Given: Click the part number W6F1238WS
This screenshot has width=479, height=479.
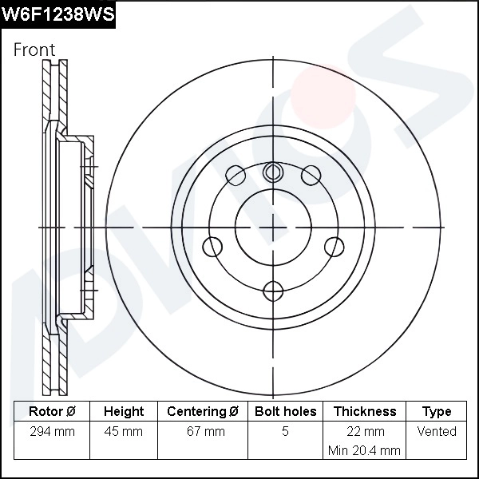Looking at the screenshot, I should [57, 14].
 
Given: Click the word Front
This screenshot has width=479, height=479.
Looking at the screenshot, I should [34, 49].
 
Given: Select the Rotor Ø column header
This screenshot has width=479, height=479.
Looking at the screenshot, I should [52, 412].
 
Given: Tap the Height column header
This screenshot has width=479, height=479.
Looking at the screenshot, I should [124, 412].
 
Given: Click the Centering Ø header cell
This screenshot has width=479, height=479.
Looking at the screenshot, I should [203, 412].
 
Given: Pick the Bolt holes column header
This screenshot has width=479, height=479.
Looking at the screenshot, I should [285, 412].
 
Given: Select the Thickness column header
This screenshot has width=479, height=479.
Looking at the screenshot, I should [364, 412].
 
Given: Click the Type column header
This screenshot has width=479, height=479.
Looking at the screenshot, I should [437, 412].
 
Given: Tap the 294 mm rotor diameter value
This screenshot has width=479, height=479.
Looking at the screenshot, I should [52, 432].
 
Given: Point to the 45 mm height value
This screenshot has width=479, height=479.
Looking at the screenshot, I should [124, 432].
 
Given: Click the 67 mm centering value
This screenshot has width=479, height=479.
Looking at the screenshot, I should [203, 432].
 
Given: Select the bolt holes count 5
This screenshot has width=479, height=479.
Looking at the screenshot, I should [285, 432].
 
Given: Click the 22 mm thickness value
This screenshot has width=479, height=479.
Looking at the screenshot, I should [364, 432].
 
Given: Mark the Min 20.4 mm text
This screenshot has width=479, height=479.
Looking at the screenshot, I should [364, 451].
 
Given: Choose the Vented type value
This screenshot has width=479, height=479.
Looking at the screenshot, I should [437, 432].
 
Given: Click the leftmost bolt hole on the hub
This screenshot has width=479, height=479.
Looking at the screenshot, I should [212, 247].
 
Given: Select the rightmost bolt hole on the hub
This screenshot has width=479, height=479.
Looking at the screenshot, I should [335, 247].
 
